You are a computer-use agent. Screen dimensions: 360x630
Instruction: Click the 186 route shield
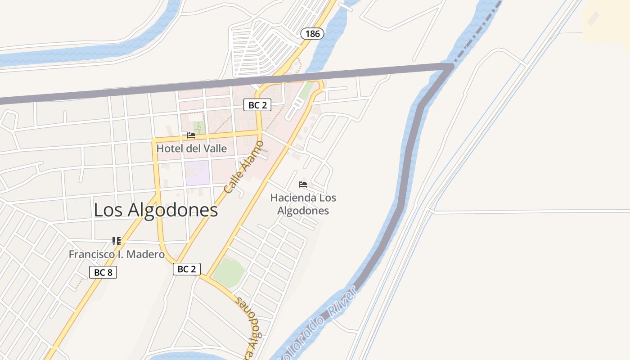(x=312, y=33)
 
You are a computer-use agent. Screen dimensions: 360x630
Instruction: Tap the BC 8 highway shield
(x=103, y=272)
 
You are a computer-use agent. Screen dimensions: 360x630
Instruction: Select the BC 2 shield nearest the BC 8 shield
(x=187, y=269)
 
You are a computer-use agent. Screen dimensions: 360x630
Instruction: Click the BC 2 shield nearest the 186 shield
(x=257, y=105)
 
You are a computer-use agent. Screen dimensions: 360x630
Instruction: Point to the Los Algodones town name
(x=156, y=210)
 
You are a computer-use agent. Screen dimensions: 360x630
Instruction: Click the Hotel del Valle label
(x=192, y=148)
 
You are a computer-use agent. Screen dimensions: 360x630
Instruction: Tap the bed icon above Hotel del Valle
(x=191, y=135)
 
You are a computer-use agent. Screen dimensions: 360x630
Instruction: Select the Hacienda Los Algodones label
(x=303, y=204)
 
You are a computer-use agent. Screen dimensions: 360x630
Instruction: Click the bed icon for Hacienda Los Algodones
(x=302, y=184)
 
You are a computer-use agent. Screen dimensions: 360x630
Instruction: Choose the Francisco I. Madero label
(x=117, y=254)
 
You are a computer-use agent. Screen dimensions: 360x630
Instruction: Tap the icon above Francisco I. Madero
(x=117, y=241)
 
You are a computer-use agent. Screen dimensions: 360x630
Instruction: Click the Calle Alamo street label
(x=243, y=167)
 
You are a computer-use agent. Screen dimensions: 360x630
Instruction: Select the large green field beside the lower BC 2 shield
(x=228, y=271)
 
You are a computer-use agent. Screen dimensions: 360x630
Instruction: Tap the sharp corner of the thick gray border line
(x=450, y=67)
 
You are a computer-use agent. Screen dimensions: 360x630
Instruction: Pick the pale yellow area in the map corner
(x=607, y=20)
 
